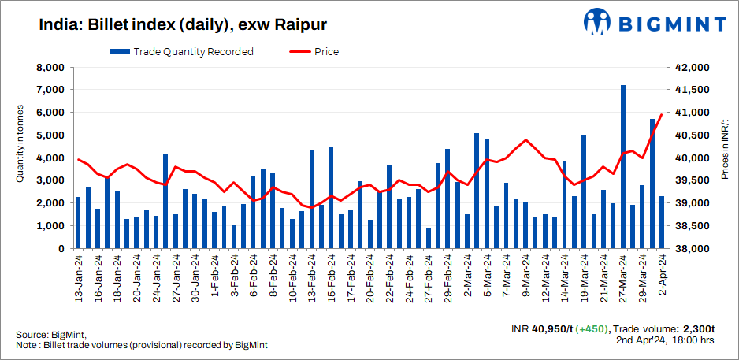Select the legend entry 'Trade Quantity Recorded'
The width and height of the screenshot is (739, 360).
pyautogui.click(x=181, y=52)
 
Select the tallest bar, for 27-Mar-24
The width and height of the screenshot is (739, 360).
pyautogui.click(x=623, y=167)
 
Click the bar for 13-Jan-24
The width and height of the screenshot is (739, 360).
pyautogui.click(x=78, y=223)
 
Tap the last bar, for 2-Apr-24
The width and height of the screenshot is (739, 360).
pyautogui.click(x=662, y=222)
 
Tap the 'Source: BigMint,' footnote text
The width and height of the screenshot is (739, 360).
pyautogui.click(x=50, y=335)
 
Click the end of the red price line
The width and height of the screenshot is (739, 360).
pyautogui.click(x=662, y=115)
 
